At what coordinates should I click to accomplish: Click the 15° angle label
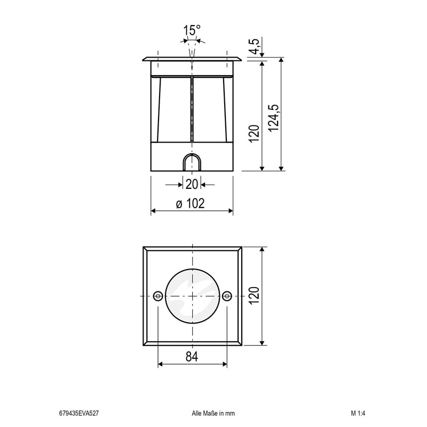[192, 30]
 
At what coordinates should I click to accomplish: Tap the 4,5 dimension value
[255, 46]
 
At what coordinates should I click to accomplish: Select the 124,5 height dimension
[274, 118]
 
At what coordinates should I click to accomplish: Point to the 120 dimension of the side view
[254, 133]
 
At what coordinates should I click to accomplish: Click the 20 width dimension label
[192, 184]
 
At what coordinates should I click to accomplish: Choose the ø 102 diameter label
[191, 203]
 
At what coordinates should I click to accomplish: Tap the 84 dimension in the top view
[192, 357]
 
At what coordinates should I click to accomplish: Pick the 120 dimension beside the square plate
[254, 296]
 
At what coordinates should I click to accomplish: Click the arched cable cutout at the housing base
[192, 162]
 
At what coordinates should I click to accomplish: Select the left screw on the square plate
[158, 296]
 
